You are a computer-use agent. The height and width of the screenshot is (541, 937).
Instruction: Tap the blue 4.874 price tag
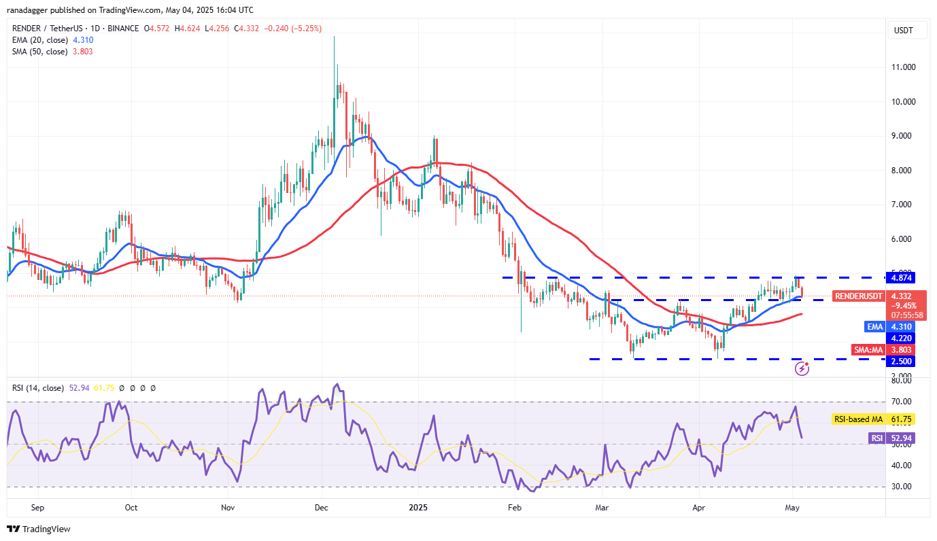coord(901,277)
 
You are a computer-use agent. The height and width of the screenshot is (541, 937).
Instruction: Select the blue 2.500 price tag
coord(901,361)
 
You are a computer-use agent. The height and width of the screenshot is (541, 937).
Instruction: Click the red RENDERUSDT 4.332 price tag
coord(858,296)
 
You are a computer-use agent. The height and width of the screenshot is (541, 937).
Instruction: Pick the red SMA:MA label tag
coord(868,350)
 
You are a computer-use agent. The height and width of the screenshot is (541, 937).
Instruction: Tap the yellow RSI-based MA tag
coord(859,419)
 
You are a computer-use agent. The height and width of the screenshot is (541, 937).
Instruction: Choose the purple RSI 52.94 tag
coord(876,438)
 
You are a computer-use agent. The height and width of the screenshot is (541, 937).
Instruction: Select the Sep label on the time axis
coord(37,508)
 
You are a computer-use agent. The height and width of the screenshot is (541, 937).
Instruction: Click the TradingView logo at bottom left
coord(39,529)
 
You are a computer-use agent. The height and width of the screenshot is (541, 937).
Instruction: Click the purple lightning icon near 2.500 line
coord(802,369)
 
